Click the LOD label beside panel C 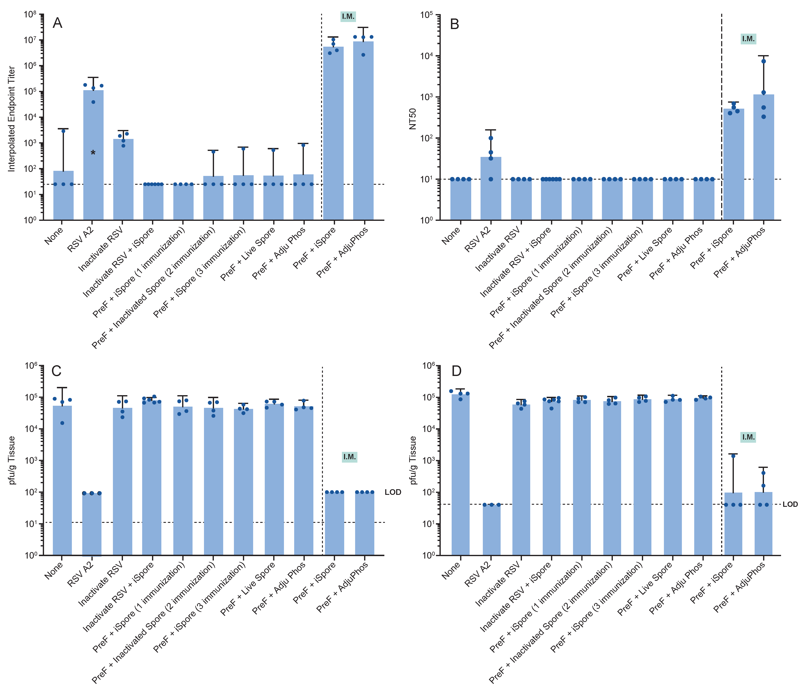pos(393,492)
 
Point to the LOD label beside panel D pos(790,504)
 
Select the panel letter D pos(456,371)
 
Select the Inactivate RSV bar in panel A pos(123,179)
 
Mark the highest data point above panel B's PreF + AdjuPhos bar pos(764,61)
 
